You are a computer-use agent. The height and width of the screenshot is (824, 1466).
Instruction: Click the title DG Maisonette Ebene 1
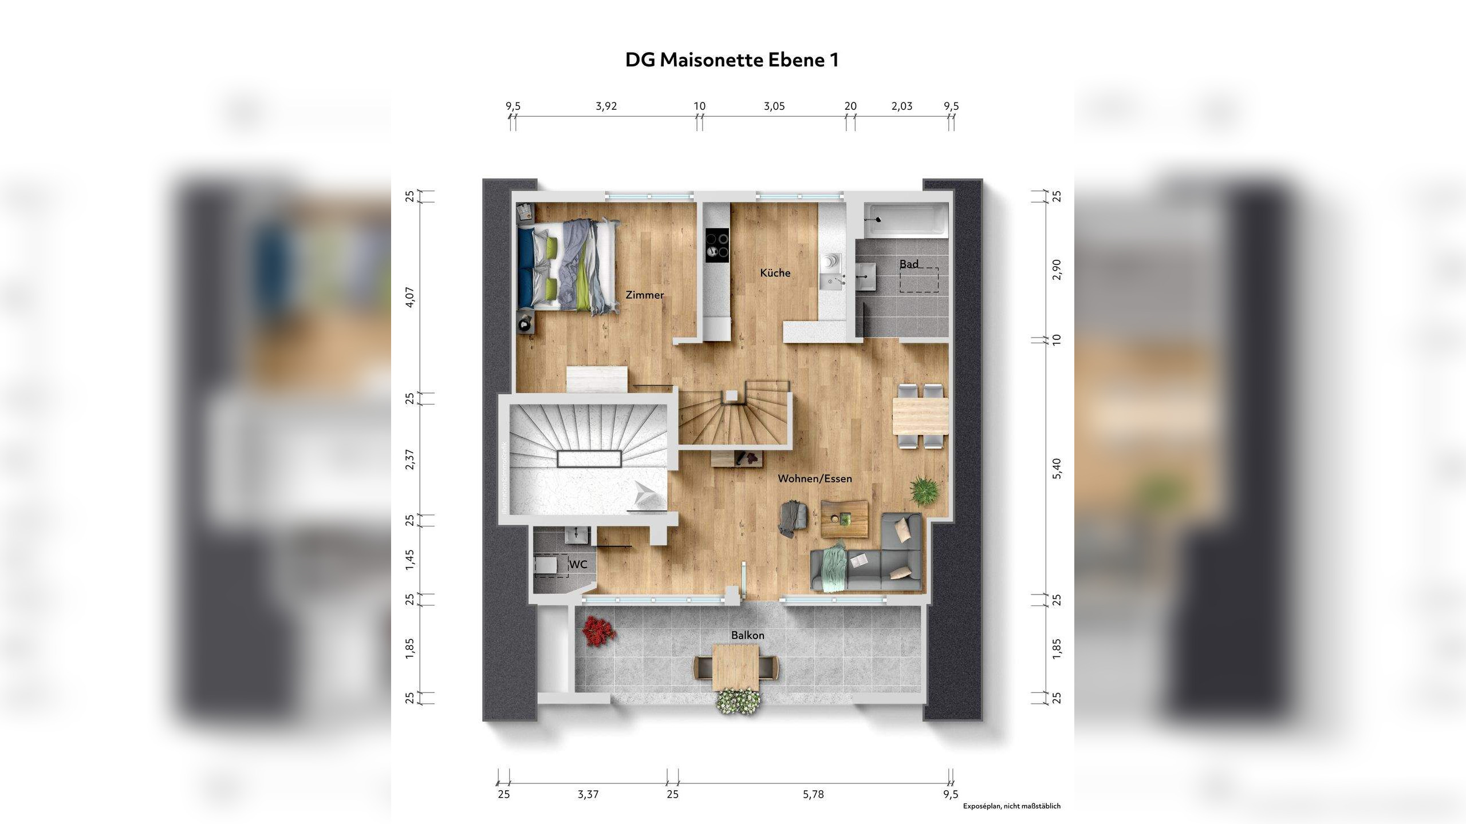coord(732,60)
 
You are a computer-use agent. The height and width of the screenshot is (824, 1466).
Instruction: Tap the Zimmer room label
coord(645,295)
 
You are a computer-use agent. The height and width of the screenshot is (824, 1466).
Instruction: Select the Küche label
coord(775,273)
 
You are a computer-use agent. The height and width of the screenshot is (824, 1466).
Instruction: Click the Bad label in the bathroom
coord(908,264)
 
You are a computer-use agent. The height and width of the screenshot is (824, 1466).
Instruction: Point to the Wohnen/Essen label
coord(814,478)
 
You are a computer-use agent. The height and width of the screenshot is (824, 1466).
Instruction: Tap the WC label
coord(578,565)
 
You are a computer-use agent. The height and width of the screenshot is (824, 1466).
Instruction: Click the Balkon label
coord(747,635)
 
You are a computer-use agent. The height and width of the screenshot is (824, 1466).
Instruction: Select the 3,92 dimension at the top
coord(606,106)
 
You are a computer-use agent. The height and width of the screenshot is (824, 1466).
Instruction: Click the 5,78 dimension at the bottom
coord(813,794)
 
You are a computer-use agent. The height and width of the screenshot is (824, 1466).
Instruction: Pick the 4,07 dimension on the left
coord(410,298)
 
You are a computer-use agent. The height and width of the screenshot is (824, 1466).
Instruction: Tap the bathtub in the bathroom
coord(905,220)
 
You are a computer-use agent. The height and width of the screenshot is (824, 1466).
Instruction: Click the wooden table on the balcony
coord(736,667)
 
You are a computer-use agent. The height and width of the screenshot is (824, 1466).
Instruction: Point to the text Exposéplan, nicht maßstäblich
coord(1011,806)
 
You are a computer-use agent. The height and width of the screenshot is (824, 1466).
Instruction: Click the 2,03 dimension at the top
coord(901,106)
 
